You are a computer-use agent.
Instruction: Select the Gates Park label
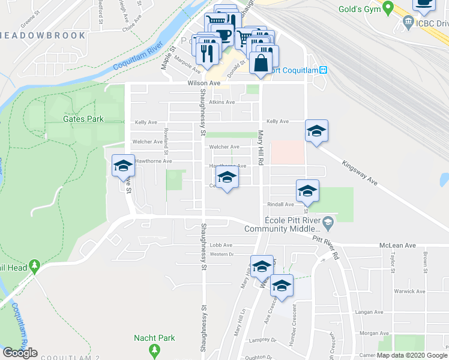click(x=83, y=119)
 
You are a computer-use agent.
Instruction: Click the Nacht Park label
click(x=155, y=338)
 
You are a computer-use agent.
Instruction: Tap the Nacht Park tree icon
click(x=155, y=349)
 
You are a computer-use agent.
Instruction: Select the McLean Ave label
click(x=398, y=245)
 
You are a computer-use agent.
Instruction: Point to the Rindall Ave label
click(x=281, y=204)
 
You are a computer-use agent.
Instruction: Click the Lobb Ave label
click(x=220, y=245)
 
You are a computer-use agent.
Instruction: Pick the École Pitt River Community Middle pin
click(x=328, y=224)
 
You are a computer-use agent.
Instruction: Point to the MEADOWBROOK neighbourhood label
click(x=43, y=35)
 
